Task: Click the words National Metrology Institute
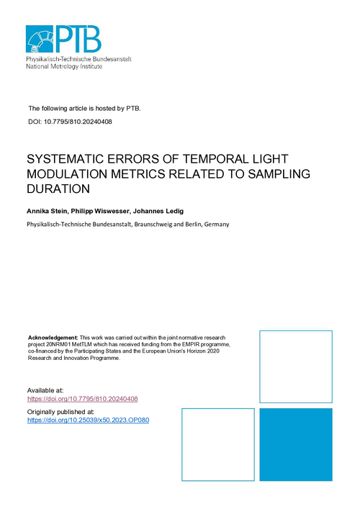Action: tap(64, 66)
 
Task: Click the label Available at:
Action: tap(45, 390)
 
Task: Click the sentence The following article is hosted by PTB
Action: tap(84, 108)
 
